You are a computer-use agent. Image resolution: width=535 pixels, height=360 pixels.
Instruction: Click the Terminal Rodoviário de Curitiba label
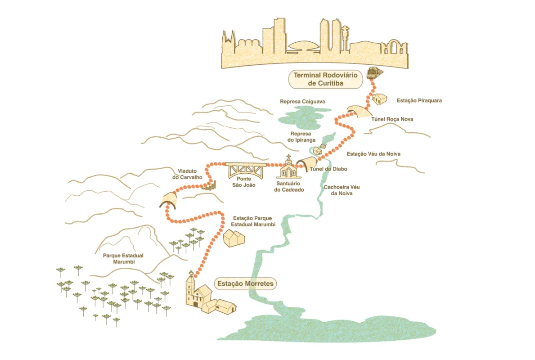(325, 79)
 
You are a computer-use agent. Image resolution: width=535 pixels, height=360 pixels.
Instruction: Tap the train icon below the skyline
(375, 73)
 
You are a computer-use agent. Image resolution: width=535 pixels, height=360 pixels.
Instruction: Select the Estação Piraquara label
(419, 101)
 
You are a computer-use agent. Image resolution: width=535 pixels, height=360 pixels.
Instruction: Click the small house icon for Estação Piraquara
(379, 99)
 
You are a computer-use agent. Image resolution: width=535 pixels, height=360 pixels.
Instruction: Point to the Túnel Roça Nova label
(392, 119)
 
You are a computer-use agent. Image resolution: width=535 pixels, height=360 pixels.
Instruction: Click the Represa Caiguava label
(302, 102)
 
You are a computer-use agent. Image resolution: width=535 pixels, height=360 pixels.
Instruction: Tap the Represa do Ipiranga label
(301, 137)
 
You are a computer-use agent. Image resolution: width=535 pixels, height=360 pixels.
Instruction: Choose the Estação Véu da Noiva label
(373, 154)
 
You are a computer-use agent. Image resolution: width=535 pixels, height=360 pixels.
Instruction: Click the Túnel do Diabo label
(328, 169)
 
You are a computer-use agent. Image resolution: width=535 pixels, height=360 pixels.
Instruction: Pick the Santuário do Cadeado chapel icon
(289, 167)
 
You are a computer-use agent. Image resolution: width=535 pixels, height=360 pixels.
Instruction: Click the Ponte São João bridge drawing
(245, 170)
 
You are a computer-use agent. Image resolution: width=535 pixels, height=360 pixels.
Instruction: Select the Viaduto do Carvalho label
(187, 174)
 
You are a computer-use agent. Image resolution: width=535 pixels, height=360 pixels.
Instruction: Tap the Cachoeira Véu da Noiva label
(342, 190)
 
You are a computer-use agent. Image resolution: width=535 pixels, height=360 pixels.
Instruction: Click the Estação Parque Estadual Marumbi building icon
(234, 238)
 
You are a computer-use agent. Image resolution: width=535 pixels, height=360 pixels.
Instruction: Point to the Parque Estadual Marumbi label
(123, 259)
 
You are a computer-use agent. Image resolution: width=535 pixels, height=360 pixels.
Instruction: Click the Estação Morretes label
(245, 283)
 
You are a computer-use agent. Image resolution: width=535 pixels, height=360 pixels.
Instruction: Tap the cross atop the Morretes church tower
(191, 273)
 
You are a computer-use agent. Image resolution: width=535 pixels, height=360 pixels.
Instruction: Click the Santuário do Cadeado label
(289, 187)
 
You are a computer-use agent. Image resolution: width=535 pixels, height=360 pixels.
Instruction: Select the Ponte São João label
(243, 182)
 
